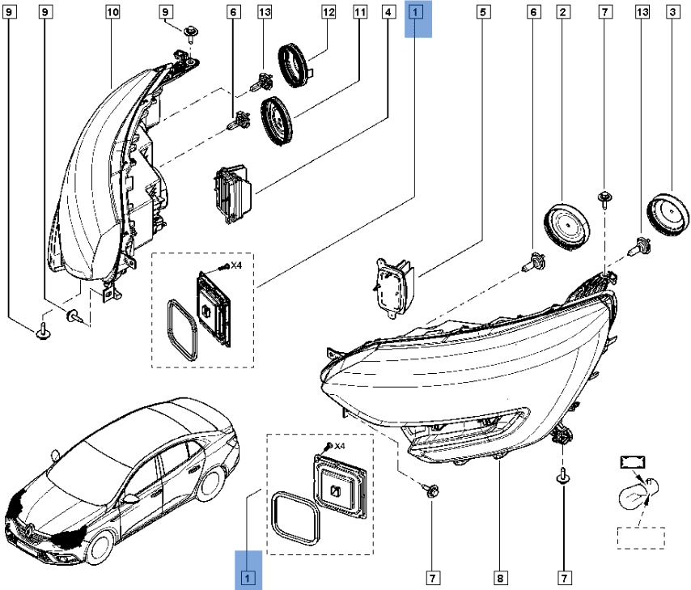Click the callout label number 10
(112, 12)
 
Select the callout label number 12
(327, 12)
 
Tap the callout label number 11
(359, 12)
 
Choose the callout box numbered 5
(483, 12)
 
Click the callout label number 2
(561, 12)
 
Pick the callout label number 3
(672, 12)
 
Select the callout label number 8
(500, 578)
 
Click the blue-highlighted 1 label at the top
(417, 12)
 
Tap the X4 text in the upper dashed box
(236, 265)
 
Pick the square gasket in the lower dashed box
(293, 517)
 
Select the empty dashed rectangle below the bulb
(641, 537)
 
